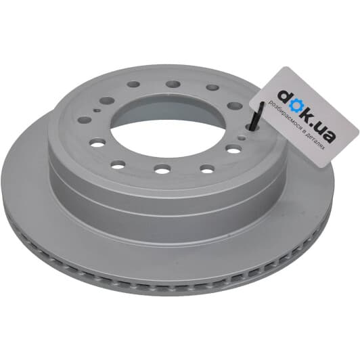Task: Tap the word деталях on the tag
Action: [316, 141]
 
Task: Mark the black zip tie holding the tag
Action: [256, 117]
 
